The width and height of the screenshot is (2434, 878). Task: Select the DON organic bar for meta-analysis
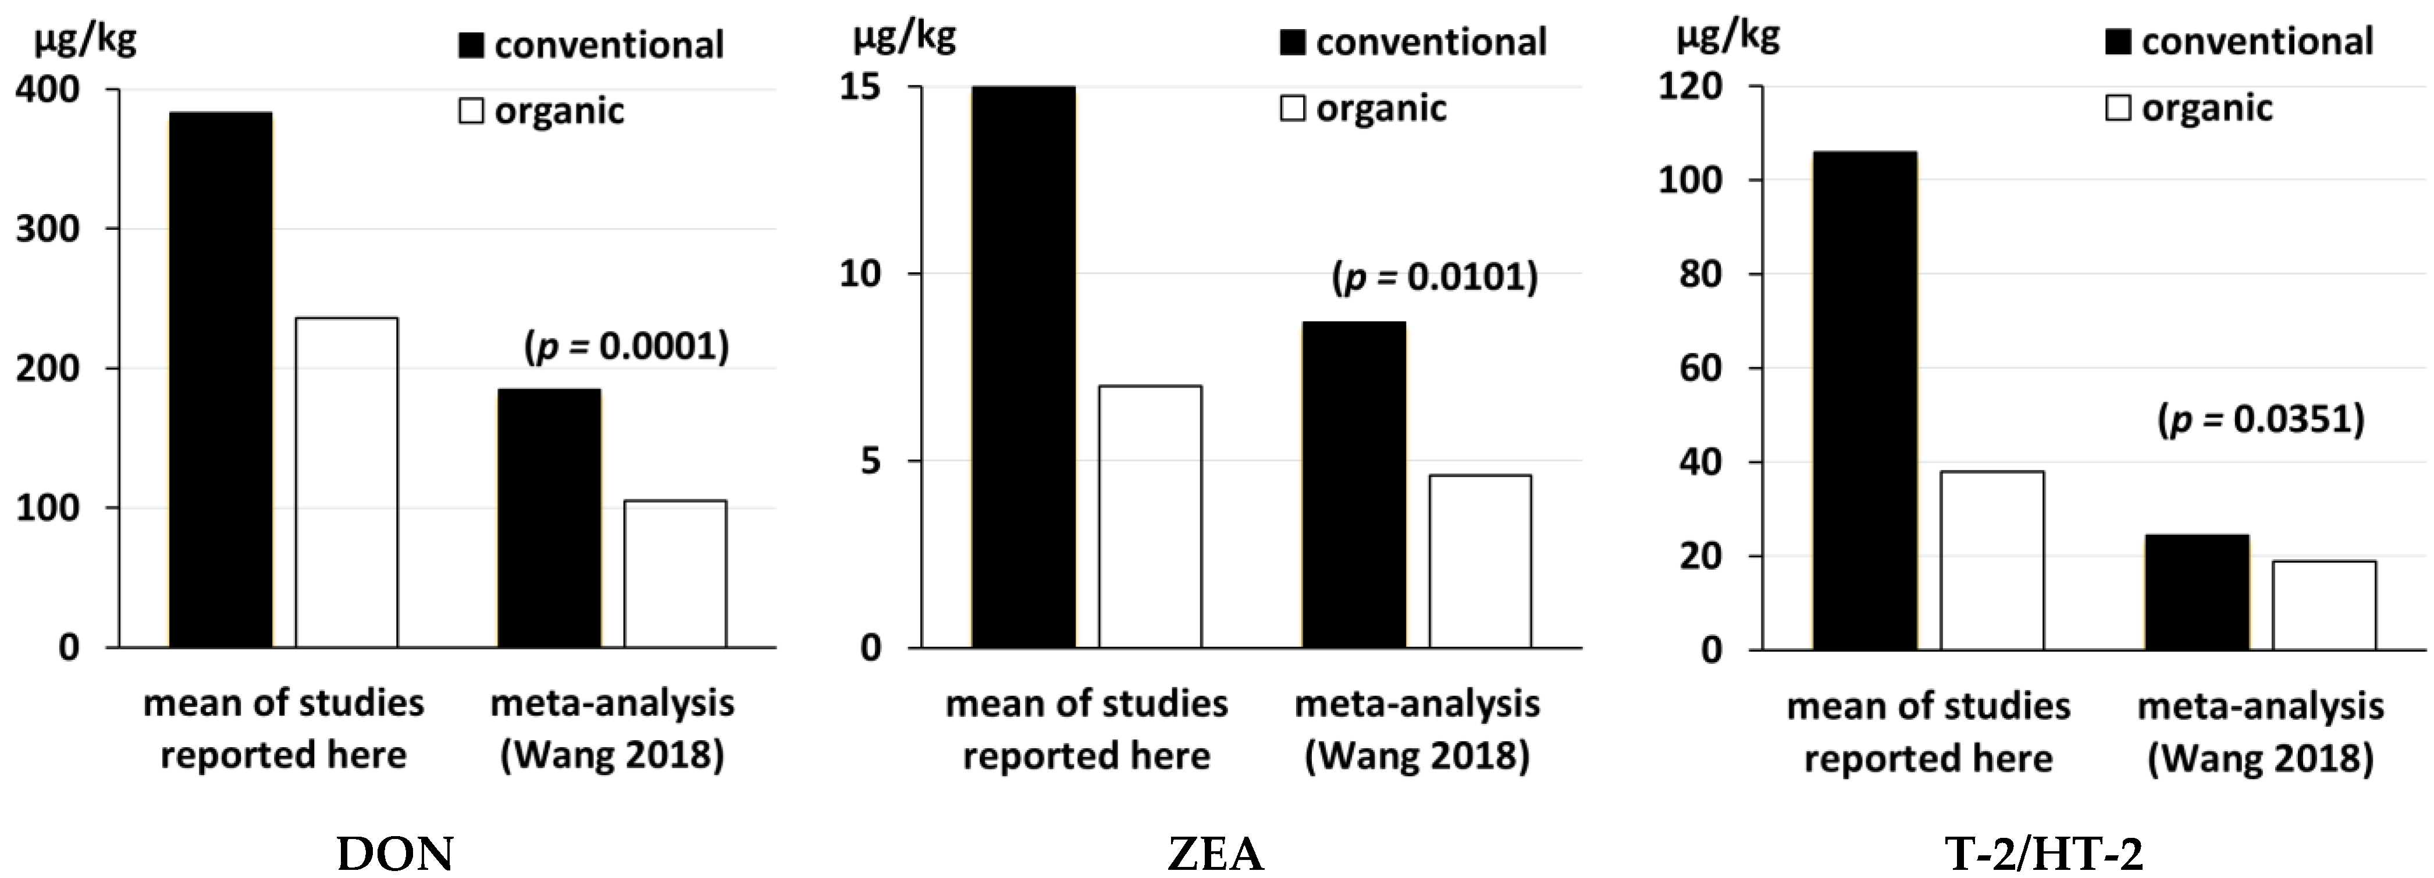tap(675, 574)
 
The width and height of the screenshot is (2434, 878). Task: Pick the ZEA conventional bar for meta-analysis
tap(1353, 485)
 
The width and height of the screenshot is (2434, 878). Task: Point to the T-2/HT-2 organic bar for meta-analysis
tap(2323, 606)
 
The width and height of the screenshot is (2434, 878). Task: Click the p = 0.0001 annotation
tap(627, 347)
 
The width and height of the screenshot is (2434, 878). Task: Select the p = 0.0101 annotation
tap(1435, 277)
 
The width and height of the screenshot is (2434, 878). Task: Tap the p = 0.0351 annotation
tap(2260, 419)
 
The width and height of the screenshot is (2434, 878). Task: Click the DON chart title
tap(395, 854)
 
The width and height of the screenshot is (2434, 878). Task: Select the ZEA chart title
tap(1215, 854)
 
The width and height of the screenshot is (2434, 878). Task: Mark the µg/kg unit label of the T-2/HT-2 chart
tap(1728, 36)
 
